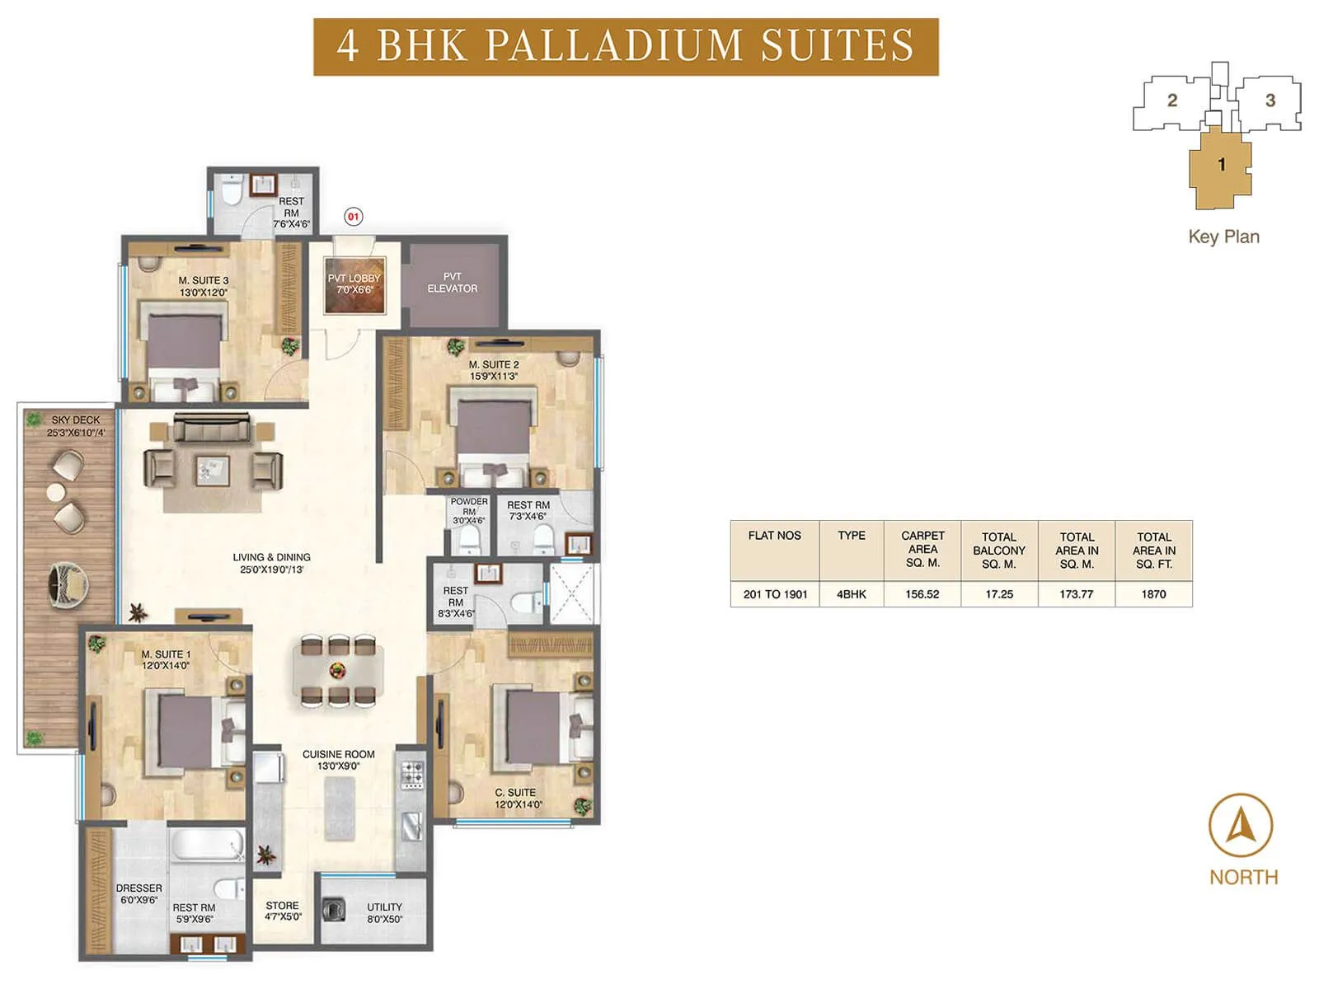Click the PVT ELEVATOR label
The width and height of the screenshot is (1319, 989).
(x=452, y=283)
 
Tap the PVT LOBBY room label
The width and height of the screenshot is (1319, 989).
(x=354, y=284)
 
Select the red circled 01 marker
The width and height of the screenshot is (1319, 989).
(x=353, y=217)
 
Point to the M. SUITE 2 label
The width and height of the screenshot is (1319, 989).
(x=494, y=370)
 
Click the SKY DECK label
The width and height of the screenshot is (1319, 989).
(x=76, y=425)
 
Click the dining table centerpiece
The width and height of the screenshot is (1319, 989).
(x=336, y=669)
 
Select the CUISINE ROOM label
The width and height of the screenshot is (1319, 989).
(x=338, y=760)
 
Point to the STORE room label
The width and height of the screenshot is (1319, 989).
(x=282, y=910)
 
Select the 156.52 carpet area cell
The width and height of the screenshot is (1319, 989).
(x=922, y=594)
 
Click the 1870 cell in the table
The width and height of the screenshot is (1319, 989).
(x=1153, y=594)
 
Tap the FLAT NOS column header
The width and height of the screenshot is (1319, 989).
(x=774, y=536)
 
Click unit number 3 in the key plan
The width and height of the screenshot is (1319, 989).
(x=1270, y=101)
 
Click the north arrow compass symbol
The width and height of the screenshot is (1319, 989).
(x=1241, y=826)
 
